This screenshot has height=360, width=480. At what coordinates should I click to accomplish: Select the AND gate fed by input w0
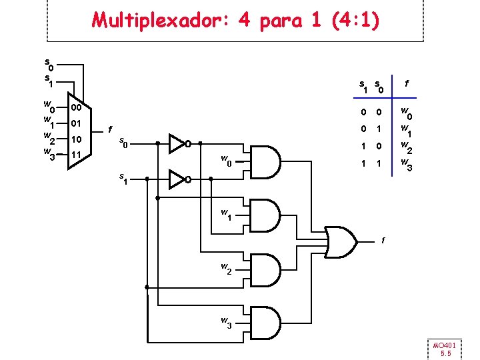coord(267,161)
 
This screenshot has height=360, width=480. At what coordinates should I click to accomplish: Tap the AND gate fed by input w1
coord(267,215)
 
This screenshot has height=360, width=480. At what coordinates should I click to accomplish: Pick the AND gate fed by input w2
coord(267,269)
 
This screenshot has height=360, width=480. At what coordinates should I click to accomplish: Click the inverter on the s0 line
coord(178,143)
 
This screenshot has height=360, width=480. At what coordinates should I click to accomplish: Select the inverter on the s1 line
coord(178,179)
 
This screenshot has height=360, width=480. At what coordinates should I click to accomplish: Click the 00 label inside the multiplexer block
coord(76,107)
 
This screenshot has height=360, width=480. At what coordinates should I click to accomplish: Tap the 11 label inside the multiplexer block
coord(76,155)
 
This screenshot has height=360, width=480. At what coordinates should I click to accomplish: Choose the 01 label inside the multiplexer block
coord(76,123)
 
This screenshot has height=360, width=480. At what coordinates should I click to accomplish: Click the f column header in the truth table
coord(407,84)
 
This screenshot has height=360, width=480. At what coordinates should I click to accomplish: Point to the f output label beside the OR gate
coord(383,241)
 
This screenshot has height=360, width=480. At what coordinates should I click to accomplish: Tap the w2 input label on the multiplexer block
coord(48,138)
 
